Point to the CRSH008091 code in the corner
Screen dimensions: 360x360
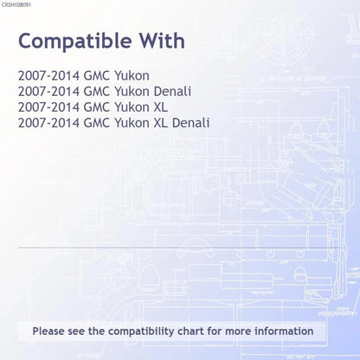16,5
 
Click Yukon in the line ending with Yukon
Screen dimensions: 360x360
132,76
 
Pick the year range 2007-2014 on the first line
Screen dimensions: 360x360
48,76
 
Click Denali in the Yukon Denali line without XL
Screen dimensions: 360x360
172,92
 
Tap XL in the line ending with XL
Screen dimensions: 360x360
161,107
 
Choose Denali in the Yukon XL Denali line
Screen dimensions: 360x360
190,123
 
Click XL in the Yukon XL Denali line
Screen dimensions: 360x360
161,123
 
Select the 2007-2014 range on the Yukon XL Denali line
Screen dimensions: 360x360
48,123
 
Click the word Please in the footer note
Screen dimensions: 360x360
48,331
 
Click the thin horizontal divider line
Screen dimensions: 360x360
180,247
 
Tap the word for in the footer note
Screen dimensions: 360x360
215,331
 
